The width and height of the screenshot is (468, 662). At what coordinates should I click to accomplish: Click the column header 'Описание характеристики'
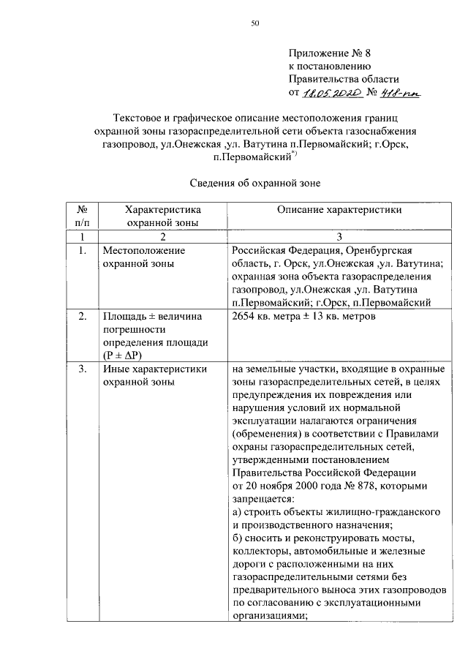339,209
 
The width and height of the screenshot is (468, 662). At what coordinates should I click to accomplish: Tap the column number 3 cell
339,236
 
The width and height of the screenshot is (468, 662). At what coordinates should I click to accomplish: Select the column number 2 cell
162,236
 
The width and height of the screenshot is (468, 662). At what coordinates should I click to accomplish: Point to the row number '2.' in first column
83,316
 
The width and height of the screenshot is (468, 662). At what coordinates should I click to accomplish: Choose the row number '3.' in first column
83,369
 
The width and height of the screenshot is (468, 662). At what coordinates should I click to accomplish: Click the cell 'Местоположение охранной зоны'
140,257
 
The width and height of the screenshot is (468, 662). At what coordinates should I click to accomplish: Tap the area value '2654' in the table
243,316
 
